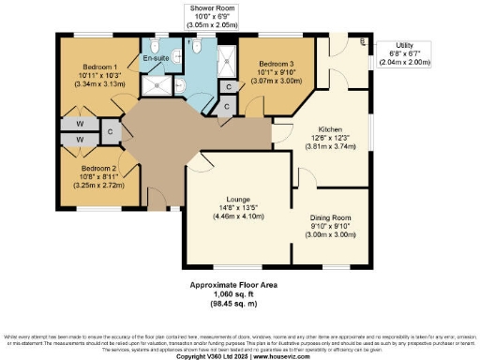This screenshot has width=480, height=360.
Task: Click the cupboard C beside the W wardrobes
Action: coord(111,131)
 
